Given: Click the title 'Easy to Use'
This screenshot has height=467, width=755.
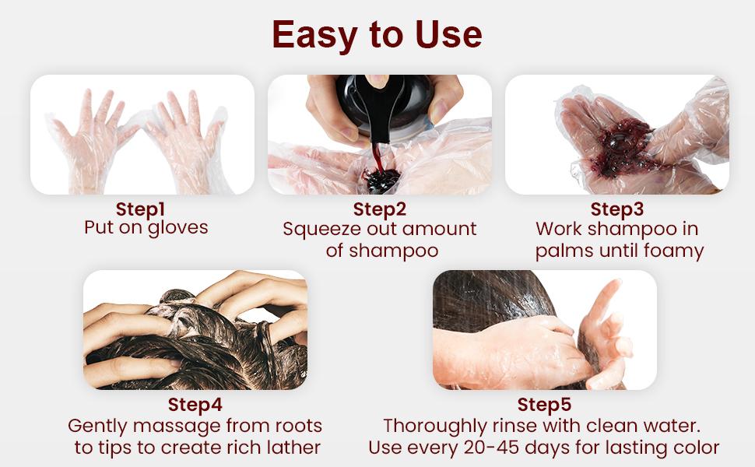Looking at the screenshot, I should click(x=377, y=35).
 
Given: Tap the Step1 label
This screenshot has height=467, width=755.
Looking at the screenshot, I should click(x=142, y=209).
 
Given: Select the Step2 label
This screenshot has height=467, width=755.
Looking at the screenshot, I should click(x=379, y=209).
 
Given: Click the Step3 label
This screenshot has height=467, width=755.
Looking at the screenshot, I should click(x=617, y=209).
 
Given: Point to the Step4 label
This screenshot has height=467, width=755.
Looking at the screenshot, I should click(x=195, y=406).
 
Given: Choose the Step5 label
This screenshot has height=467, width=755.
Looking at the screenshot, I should click(x=544, y=406).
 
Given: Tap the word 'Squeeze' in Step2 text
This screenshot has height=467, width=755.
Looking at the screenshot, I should click(x=318, y=230).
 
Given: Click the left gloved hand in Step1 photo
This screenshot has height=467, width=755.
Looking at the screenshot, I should click(x=93, y=140).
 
